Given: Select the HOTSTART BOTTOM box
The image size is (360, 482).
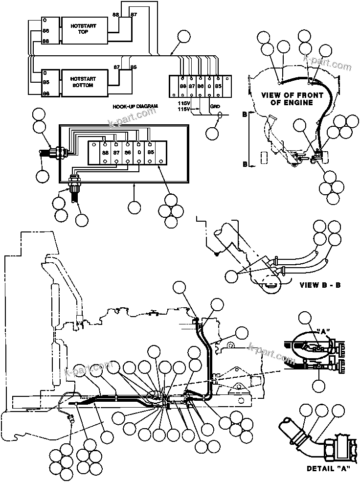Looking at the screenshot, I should (x=83, y=82).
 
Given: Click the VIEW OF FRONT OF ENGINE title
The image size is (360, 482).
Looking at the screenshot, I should (x=292, y=98).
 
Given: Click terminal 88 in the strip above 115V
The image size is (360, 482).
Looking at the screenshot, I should (x=183, y=86).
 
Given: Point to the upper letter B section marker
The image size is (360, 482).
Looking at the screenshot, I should (x=245, y=114).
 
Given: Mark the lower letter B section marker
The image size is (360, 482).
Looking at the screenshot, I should (x=245, y=164).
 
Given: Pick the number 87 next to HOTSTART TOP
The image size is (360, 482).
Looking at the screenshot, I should (x=134, y=16).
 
